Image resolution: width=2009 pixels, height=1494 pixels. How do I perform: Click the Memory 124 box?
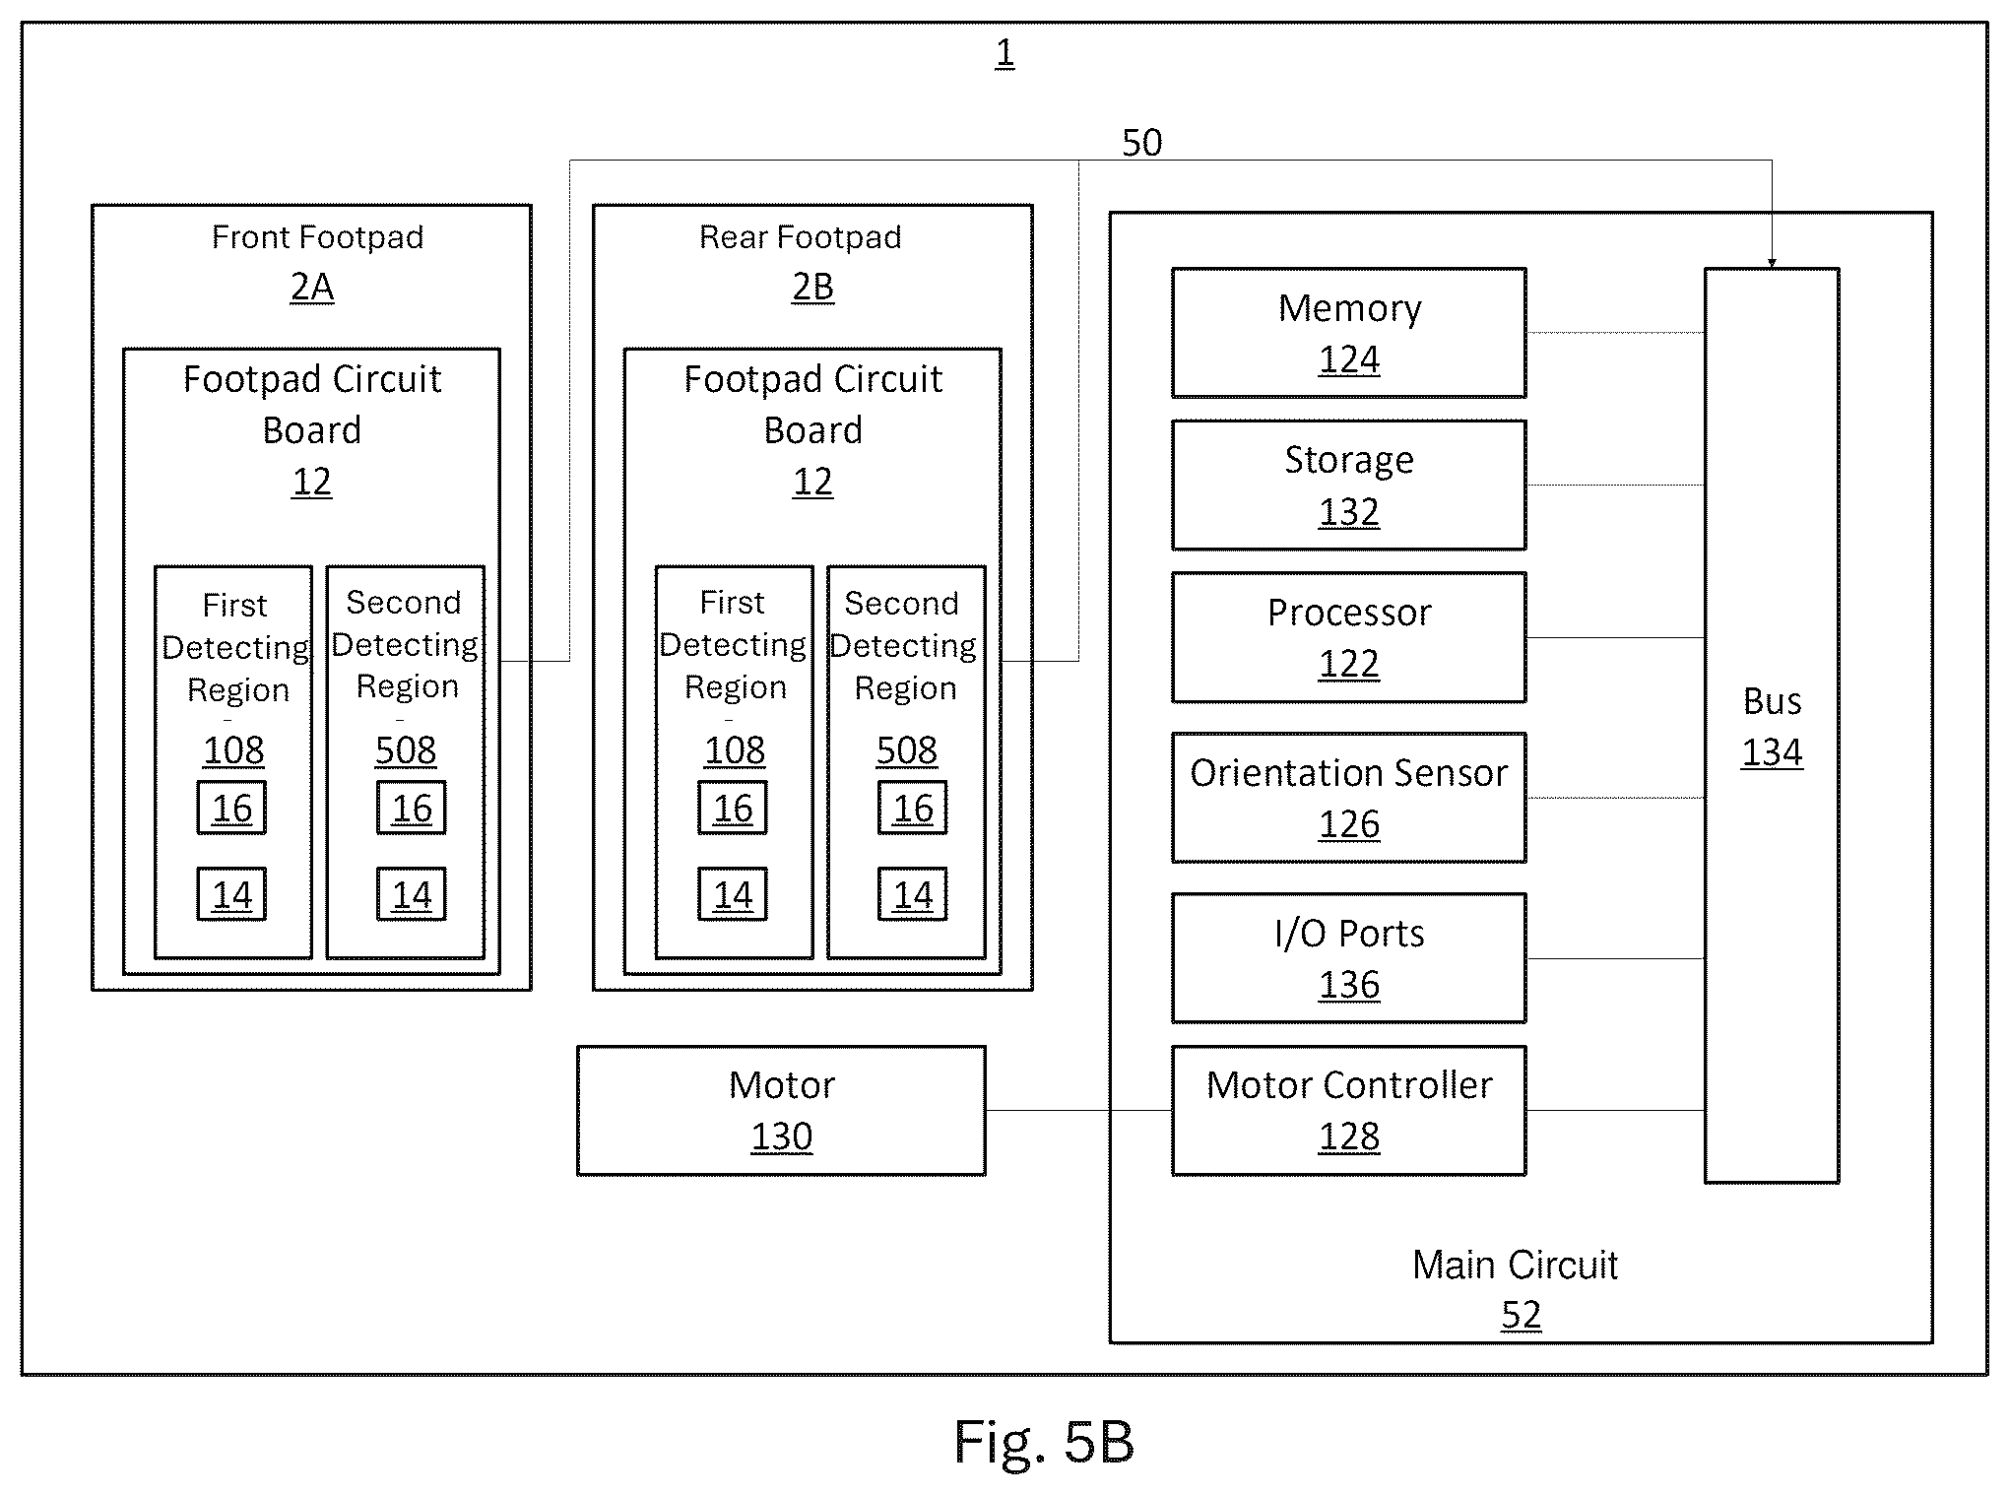1348,333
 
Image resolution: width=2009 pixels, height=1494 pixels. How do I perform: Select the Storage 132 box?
1348,485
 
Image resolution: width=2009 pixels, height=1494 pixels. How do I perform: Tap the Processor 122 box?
1348,637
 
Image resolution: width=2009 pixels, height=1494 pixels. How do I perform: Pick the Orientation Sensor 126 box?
1348,798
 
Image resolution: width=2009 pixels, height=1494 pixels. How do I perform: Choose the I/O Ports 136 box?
1348,958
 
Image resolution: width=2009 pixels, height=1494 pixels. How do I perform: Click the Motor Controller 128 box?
1348,1110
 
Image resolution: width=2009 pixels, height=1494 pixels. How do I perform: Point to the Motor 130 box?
781,1110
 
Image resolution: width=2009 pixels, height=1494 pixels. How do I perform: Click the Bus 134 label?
1772,727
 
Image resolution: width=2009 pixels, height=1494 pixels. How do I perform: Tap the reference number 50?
1141,144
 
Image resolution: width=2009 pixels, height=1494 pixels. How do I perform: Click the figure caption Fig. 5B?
1044,1442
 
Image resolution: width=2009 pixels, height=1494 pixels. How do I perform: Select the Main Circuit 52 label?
1516,1289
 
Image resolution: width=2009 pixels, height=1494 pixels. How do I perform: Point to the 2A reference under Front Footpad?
312,287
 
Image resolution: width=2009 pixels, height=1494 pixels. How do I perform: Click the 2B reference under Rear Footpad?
812,287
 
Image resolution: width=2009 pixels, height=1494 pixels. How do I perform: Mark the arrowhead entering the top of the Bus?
1772,262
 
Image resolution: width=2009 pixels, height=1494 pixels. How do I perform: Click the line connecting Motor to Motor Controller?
1079,1110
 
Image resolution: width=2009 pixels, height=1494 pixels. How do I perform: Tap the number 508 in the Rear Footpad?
906,750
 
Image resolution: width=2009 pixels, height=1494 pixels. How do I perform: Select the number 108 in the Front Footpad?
233,750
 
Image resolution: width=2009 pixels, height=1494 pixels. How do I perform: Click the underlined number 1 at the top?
1004,53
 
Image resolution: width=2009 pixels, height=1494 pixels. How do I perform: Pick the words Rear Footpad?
800,237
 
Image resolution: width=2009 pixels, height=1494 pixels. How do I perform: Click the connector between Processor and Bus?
1616,638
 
